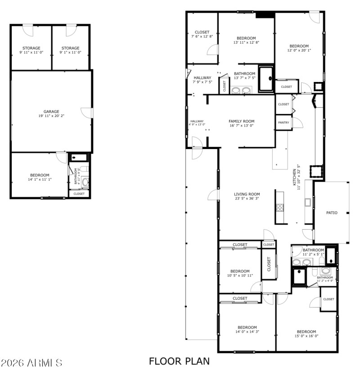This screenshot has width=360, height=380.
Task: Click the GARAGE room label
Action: click(x=51, y=112)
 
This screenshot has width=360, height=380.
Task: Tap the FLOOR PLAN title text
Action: click(x=179, y=361)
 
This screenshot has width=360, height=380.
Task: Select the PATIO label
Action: click(x=332, y=213)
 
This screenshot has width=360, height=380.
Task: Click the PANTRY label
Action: click(x=283, y=122)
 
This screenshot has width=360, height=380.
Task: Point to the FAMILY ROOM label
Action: click(x=242, y=121)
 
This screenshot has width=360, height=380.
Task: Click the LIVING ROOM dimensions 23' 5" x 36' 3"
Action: click(x=247, y=199)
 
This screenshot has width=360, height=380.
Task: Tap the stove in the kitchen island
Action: click(x=279, y=207)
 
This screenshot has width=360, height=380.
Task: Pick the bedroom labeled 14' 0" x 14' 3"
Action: click(x=247, y=330)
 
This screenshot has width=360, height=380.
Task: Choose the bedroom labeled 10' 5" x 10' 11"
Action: click(x=240, y=273)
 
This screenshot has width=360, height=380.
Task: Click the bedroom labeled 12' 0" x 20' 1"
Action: click(x=299, y=48)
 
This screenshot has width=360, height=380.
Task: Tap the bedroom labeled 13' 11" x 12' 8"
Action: click(x=246, y=40)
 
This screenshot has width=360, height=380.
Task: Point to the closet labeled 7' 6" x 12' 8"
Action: click(x=202, y=34)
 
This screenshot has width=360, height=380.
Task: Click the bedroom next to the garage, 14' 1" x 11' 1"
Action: click(x=40, y=177)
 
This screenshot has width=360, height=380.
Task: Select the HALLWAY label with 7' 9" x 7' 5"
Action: click(x=202, y=80)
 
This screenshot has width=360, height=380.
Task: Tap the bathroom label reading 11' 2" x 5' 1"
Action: click(x=313, y=252)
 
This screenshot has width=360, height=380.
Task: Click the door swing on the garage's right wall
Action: click(x=87, y=113)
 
